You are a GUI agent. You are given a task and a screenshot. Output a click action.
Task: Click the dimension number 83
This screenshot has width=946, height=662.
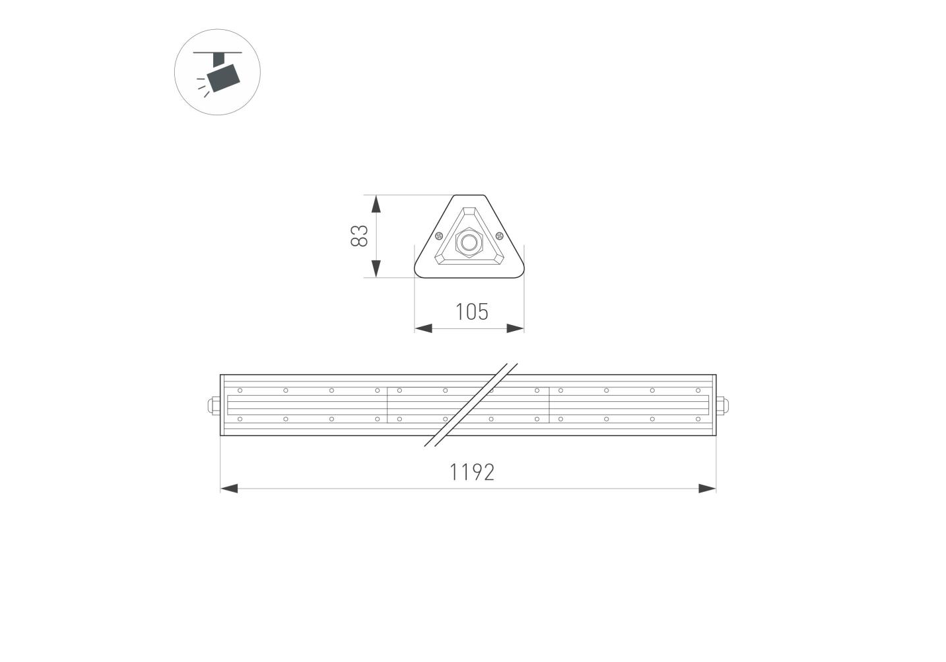click(359, 236)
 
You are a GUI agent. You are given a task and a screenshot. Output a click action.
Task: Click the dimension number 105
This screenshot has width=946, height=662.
click(472, 312)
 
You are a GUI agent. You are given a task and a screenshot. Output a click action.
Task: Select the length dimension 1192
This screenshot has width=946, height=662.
click(472, 472)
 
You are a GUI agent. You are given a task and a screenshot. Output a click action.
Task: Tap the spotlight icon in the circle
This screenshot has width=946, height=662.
click(218, 72)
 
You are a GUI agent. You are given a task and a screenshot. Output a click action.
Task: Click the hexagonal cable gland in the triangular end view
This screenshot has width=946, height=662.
click(469, 242)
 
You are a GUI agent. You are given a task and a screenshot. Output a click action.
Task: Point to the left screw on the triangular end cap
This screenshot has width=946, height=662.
click(438, 236)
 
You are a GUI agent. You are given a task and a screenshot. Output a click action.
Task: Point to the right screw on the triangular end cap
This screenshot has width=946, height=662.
click(500, 236)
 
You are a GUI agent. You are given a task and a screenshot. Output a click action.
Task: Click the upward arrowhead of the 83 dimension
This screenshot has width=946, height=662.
click(376, 204)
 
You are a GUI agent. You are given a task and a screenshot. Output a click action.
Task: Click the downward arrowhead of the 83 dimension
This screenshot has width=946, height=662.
click(376, 269)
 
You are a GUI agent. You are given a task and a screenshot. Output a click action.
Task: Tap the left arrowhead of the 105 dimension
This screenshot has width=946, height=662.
click(423, 328)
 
